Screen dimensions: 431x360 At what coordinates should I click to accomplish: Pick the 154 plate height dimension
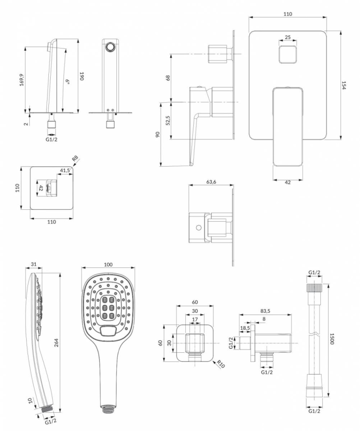(344, 85)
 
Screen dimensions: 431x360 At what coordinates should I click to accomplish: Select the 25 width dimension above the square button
(288, 37)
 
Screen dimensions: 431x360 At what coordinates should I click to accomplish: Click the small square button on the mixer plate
(288, 54)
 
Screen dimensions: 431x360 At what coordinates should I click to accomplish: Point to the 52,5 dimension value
(168, 120)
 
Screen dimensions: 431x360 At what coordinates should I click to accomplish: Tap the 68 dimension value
(168, 78)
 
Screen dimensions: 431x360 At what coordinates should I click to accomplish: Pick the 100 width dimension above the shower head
(108, 264)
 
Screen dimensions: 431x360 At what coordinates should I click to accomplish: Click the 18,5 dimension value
(245, 327)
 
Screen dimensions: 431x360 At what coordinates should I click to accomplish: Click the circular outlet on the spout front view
(110, 47)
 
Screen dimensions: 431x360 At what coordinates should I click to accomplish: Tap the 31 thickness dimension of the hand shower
(33, 264)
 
